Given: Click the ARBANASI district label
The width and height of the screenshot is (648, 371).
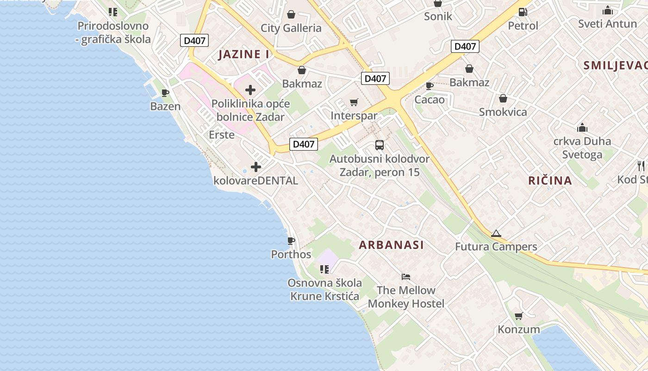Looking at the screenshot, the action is pos(391,245).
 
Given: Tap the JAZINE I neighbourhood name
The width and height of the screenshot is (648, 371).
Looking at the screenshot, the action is pos(244,54).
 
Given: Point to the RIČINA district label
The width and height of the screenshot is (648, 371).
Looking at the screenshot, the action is pos(550,180).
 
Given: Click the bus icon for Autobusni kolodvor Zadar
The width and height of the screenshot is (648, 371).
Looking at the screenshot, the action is pos(380,145).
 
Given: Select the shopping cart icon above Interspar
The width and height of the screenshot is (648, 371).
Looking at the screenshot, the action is pos(354,102).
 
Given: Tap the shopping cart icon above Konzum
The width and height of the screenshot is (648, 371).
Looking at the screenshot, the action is pos(518,316).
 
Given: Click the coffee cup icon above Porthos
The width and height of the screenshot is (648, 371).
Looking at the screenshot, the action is pos(291,241).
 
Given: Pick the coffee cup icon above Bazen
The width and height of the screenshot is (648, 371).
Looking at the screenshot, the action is pos(165,93).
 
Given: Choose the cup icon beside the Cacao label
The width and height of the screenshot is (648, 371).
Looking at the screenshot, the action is pos(430,85).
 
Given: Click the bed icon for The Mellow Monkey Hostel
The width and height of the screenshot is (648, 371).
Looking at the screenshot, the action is pos(406,277).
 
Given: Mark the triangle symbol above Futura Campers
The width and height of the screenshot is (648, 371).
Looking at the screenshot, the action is pos(496,233).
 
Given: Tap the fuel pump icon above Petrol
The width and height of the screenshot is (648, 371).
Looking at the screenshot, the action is pos(523,12).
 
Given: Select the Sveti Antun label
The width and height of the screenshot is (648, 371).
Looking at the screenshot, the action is pos(607,23).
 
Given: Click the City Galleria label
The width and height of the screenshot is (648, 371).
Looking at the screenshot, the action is pos(291,28).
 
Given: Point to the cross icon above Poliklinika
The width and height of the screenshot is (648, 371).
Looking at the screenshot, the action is pos(250,90).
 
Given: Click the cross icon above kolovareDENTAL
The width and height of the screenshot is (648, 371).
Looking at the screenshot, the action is pos(255,167).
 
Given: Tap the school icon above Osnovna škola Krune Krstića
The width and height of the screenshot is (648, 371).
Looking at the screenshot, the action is pos(324,269).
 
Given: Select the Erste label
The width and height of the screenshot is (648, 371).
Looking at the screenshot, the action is pos(222,135).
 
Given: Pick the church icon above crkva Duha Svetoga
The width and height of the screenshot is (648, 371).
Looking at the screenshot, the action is pos(582,128).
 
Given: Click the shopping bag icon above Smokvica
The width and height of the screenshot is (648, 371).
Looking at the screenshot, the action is pos(503,98).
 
